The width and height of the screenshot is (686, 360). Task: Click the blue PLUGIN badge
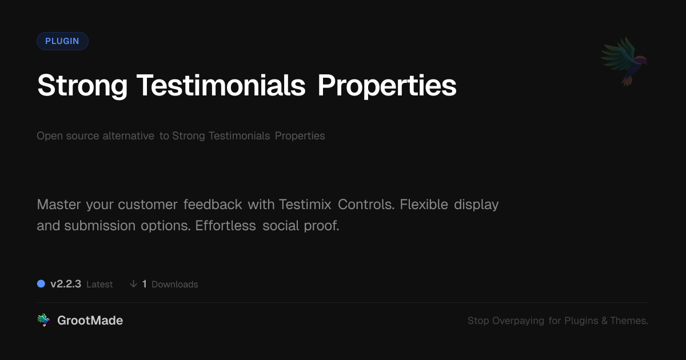coord(62,41)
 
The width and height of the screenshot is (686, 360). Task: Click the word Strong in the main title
coord(82,86)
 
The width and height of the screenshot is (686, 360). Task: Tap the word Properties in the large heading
coord(387,86)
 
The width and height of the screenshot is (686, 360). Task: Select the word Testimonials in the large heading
coord(221,85)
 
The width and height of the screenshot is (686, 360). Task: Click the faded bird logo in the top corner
coord(624,62)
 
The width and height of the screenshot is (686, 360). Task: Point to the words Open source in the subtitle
coord(67,135)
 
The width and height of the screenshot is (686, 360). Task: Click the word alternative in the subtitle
coord(128,135)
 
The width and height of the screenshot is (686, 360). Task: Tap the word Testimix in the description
coord(305,205)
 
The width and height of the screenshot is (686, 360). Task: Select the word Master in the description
coord(59,205)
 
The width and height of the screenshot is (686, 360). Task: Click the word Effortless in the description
coord(225,226)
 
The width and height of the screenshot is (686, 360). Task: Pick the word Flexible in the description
coord(424,204)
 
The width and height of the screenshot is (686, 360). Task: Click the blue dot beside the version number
coord(41,284)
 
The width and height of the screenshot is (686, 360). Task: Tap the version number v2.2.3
coord(66,284)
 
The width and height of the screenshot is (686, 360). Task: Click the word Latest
coord(99,285)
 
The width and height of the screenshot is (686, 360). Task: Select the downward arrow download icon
coord(133,284)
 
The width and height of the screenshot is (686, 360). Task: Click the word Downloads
coord(175,285)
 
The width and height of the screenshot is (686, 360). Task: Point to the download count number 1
coord(145,284)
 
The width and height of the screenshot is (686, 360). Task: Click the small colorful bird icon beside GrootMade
coord(43,320)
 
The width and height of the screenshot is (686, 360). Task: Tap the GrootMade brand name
coord(90,321)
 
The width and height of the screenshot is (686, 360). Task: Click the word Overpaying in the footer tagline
coord(518,321)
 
